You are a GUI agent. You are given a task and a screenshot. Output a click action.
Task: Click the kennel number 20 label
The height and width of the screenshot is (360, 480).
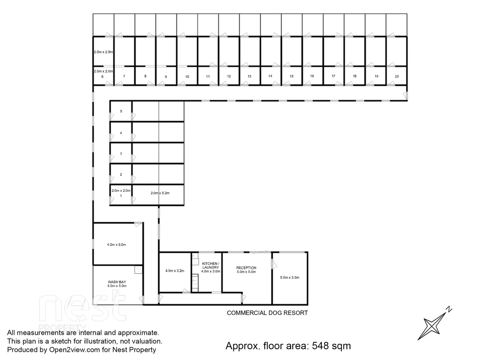coord(397,76)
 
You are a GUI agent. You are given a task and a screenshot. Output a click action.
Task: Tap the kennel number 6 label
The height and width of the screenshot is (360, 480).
coord(102,77)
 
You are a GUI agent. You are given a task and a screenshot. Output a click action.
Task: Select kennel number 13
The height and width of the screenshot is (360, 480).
coord(249,76)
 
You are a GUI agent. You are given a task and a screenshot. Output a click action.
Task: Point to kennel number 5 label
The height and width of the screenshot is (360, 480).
coord(121,111)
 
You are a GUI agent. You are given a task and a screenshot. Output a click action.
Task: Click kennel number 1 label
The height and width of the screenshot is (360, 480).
coord(121,196)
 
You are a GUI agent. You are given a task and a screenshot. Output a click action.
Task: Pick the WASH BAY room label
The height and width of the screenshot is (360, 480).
coord(117,282)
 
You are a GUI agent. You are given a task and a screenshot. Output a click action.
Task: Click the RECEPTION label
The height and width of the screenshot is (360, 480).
coord(246,268)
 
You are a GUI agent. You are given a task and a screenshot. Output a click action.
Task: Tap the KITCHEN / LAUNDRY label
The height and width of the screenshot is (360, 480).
coord(211,265)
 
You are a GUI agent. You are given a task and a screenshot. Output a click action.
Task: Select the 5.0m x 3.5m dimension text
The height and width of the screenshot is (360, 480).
coord(290,277)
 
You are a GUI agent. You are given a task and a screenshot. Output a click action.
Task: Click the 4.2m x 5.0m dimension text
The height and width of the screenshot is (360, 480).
coord(116,245)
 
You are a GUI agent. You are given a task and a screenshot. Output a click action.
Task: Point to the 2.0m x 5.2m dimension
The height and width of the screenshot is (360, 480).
coord(160,193)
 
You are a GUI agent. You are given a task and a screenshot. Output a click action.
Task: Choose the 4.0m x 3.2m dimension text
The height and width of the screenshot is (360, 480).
coord(175,271)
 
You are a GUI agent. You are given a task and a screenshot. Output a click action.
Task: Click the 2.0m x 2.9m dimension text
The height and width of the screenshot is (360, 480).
coord(103,52)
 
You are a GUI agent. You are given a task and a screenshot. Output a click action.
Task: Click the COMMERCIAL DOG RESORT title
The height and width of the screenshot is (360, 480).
coord(267,313)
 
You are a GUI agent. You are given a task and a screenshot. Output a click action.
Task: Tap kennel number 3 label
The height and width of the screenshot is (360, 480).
coord(121,154)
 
